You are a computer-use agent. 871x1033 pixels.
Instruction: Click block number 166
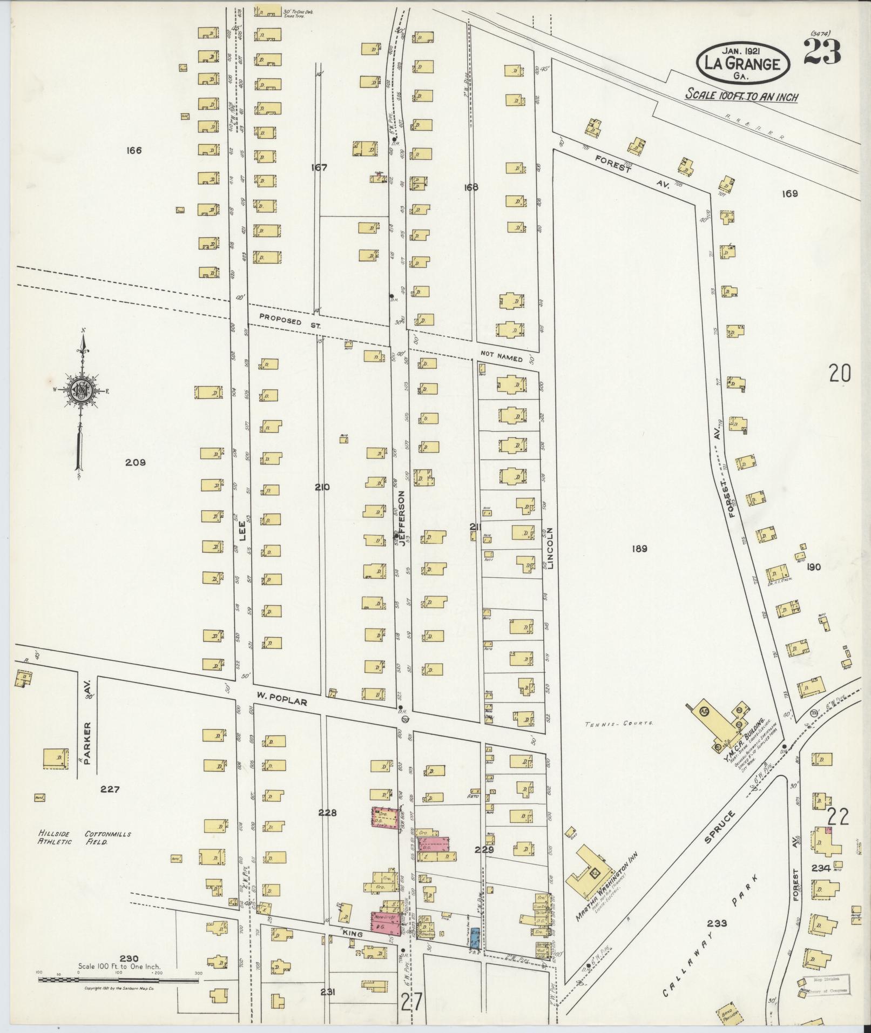(x=133, y=150)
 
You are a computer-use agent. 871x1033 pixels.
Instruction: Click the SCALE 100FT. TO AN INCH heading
(x=741, y=96)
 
